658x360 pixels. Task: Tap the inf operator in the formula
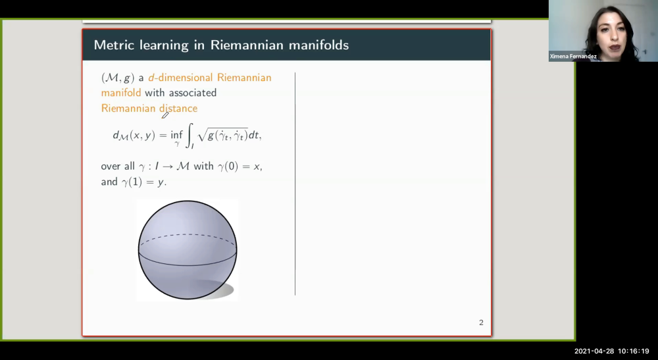pyautogui.click(x=177, y=134)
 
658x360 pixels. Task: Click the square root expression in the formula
pyautogui.click(x=223, y=135)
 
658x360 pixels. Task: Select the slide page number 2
pyautogui.click(x=481, y=322)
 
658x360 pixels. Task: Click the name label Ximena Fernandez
pyautogui.click(x=574, y=57)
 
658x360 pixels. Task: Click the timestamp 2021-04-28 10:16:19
pyautogui.click(x=611, y=351)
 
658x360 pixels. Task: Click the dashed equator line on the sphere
pyautogui.click(x=187, y=236)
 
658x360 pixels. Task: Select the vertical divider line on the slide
pyautogui.click(x=295, y=184)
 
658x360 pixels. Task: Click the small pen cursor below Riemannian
pyautogui.click(x=164, y=116)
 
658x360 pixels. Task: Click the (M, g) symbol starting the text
pyautogui.click(x=117, y=78)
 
